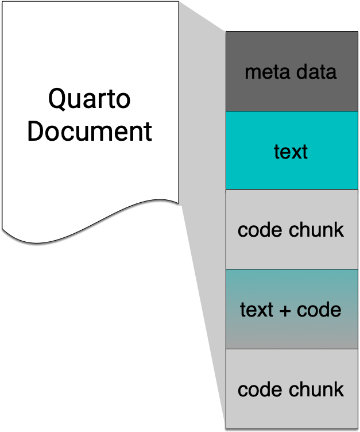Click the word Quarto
click(89, 99)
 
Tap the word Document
click(90, 131)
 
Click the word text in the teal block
click(291, 152)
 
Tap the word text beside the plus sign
click(256, 310)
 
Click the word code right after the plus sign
click(319, 310)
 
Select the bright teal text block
click(292, 172)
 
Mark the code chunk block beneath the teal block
click(292, 253)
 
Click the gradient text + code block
click(292, 333)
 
